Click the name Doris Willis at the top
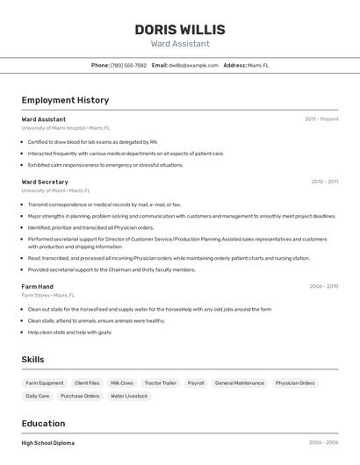pos(179,29)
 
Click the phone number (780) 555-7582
pos(128,65)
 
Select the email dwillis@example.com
pos(193,65)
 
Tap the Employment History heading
pos(65,100)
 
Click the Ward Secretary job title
pos(45,182)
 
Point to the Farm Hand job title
pos(38,286)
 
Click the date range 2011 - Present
pos(321,118)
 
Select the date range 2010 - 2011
pos(324,182)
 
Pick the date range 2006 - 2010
pos(323,286)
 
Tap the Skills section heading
pos(32,359)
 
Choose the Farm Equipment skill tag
pos(45,383)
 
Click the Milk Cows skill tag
pos(122,383)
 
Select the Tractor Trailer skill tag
pos(161,383)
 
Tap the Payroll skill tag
pos(196,383)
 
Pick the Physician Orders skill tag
pos(295,383)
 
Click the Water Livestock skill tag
pos(129,396)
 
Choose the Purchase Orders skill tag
pos(80,396)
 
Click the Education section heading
pos(43,423)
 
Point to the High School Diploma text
pos(47,443)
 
